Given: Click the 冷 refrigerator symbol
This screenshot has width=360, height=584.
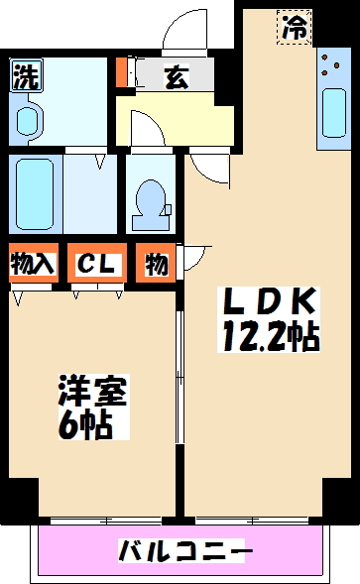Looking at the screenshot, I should pos(294,28).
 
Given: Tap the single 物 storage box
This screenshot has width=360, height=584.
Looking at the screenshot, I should pos(156,264).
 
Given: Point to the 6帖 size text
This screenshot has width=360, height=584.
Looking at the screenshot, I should pos(83,426).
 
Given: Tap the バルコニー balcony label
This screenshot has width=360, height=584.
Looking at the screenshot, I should pos(185,548).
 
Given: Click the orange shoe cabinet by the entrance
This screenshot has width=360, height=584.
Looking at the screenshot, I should pos(121,74).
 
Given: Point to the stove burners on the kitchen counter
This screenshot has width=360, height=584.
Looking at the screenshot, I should pos(329,69).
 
